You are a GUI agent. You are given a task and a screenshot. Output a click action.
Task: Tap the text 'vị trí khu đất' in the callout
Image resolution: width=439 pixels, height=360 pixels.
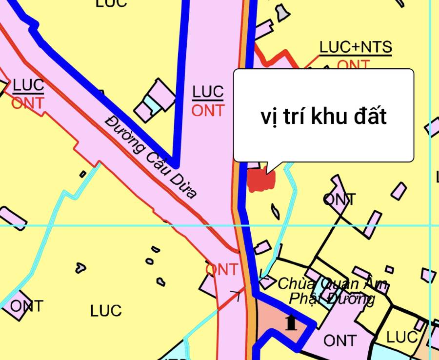[x=323, y=117]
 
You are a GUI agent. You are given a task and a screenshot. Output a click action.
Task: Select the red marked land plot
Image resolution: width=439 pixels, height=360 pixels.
[x=261, y=180]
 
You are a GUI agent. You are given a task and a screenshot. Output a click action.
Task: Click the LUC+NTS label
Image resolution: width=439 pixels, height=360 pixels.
[x=356, y=48]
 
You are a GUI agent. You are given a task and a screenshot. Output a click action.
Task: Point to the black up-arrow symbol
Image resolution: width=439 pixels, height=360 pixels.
[x=291, y=322]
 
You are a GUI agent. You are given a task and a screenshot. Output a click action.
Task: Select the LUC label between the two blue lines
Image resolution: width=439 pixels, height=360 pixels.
[x=208, y=91]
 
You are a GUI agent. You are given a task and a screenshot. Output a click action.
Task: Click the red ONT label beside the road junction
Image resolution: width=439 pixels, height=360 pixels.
[x=222, y=269]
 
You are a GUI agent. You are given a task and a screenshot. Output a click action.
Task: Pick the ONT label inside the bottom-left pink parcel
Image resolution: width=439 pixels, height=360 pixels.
[x=26, y=306]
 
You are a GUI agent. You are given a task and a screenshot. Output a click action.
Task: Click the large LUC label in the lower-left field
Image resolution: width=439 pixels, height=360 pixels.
[x=106, y=311]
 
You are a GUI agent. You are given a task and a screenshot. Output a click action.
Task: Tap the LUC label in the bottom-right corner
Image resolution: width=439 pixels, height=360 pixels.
[x=402, y=337]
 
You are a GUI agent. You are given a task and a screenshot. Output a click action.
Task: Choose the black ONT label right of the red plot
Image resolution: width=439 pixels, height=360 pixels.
[x=339, y=199]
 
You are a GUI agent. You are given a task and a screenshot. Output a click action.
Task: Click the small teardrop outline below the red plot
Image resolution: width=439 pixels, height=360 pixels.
[x=276, y=211]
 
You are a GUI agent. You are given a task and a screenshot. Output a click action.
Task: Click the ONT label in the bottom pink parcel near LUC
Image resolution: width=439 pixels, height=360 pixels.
[x=340, y=340]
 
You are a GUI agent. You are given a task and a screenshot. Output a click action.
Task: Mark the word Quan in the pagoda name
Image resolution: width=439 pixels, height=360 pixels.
[x=332, y=284]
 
